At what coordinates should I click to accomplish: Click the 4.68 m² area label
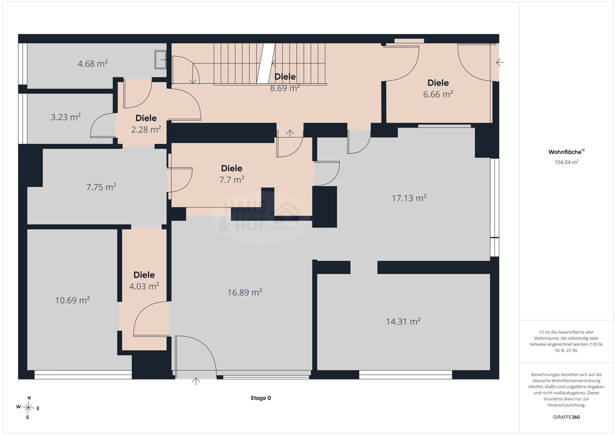92,64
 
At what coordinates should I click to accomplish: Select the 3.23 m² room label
66,117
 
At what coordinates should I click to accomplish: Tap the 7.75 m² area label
101,187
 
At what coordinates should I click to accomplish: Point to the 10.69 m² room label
72,300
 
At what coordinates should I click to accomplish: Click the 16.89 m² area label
245,292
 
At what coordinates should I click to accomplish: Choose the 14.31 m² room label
403,321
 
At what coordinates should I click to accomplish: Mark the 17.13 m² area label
409,198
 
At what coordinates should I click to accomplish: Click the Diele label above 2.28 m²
146,118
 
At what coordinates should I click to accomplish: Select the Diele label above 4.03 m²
144,275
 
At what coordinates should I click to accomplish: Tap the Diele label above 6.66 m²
438,83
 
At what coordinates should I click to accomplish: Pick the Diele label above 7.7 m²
232,168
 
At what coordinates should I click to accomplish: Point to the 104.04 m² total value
567,162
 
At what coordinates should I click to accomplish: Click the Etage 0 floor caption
261,398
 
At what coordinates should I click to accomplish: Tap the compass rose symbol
28,408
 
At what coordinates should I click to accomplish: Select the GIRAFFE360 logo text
567,417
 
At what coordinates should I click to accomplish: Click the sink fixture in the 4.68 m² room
160,59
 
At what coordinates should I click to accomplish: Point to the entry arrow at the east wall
500,63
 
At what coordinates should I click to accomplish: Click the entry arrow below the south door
195,381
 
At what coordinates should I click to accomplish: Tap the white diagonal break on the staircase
266,63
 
